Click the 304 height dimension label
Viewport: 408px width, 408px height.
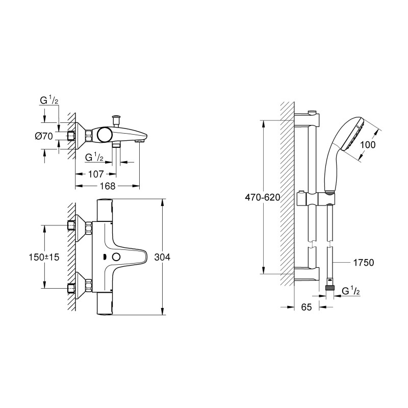[162, 258]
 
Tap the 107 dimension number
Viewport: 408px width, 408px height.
[96, 173]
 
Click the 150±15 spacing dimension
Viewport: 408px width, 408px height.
[45, 258]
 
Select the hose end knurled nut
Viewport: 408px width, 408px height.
[329, 289]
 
